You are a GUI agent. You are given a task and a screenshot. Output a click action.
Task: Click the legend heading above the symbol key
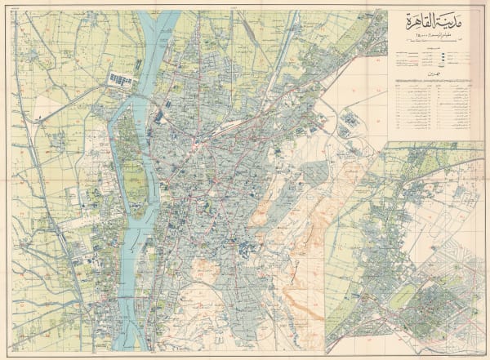point(427,50)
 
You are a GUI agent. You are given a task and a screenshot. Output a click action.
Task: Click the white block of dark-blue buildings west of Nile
point(120,79)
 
